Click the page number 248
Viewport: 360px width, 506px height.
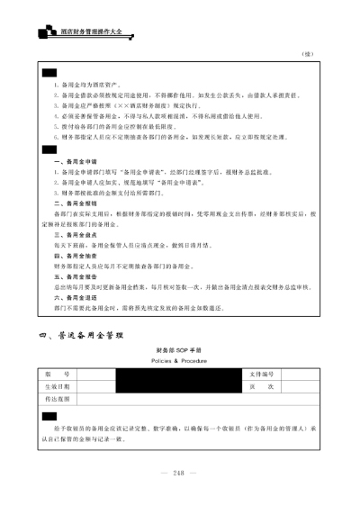pyautogui.click(x=179, y=473)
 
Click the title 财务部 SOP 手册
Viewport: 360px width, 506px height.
pyautogui.click(x=180, y=348)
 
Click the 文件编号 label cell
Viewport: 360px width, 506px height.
pyautogui.click(x=261, y=374)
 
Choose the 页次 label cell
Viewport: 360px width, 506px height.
pyautogui.click(x=261, y=385)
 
